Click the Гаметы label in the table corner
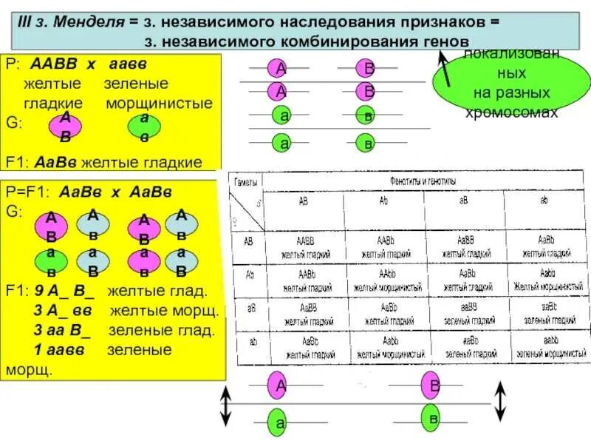point(246,182)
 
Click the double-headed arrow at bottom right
point(501,400)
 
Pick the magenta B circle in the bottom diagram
point(435,386)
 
